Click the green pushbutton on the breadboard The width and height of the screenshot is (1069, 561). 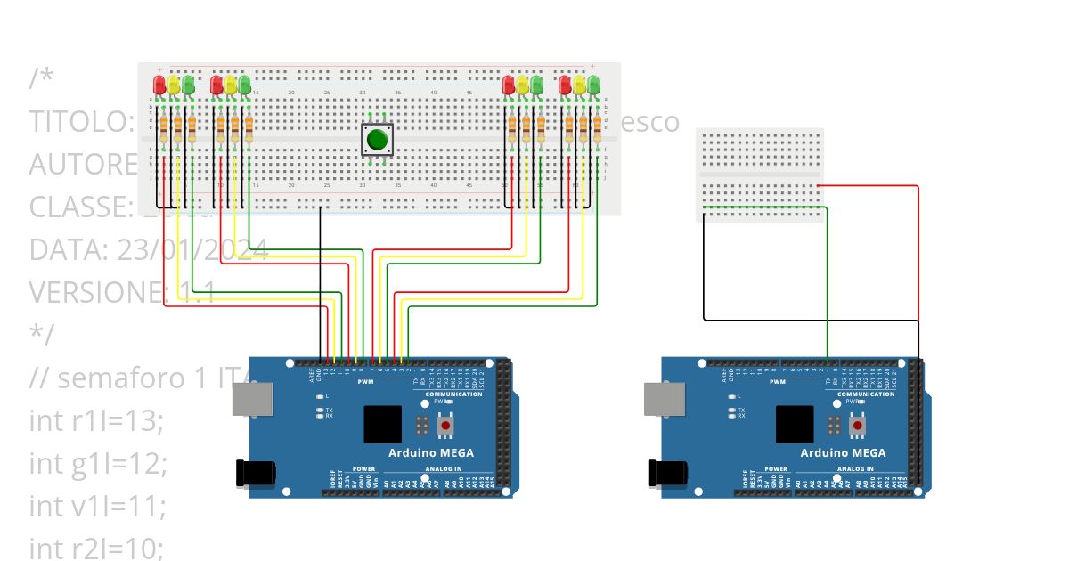pyautogui.click(x=377, y=140)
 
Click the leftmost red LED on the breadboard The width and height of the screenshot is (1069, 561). pyautogui.click(x=159, y=85)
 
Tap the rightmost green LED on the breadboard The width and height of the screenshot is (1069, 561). pyautogui.click(x=593, y=85)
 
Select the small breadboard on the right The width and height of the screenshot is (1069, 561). pyautogui.click(x=759, y=174)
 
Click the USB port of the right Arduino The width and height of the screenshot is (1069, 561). pyautogui.click(x=660, y=399)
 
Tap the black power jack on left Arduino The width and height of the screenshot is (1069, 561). pyautogui.click(x=250, y=472)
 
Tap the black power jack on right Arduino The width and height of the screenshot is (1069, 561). pyautogui.click(x=664, y=472)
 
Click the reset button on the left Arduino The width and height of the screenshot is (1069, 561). pyautogui.click(x=445, y=426)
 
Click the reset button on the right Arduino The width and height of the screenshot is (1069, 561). pyautogui.click(x=858, y=426)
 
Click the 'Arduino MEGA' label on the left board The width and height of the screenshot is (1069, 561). pyautogui.click(x=430, y=452)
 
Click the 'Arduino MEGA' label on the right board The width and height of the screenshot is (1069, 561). pyautogui.click(x=844, y=452)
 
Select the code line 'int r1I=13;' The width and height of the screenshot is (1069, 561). pyautogui.click(x=96, y=421)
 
